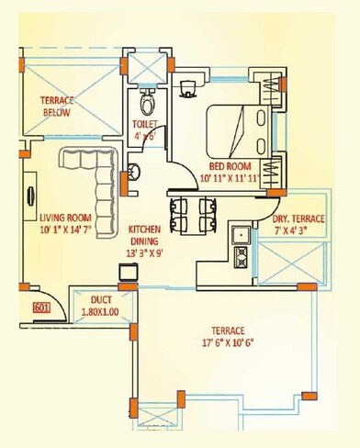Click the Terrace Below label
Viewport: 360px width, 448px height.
(57, 106)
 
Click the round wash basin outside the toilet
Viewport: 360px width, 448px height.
(133, 170)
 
